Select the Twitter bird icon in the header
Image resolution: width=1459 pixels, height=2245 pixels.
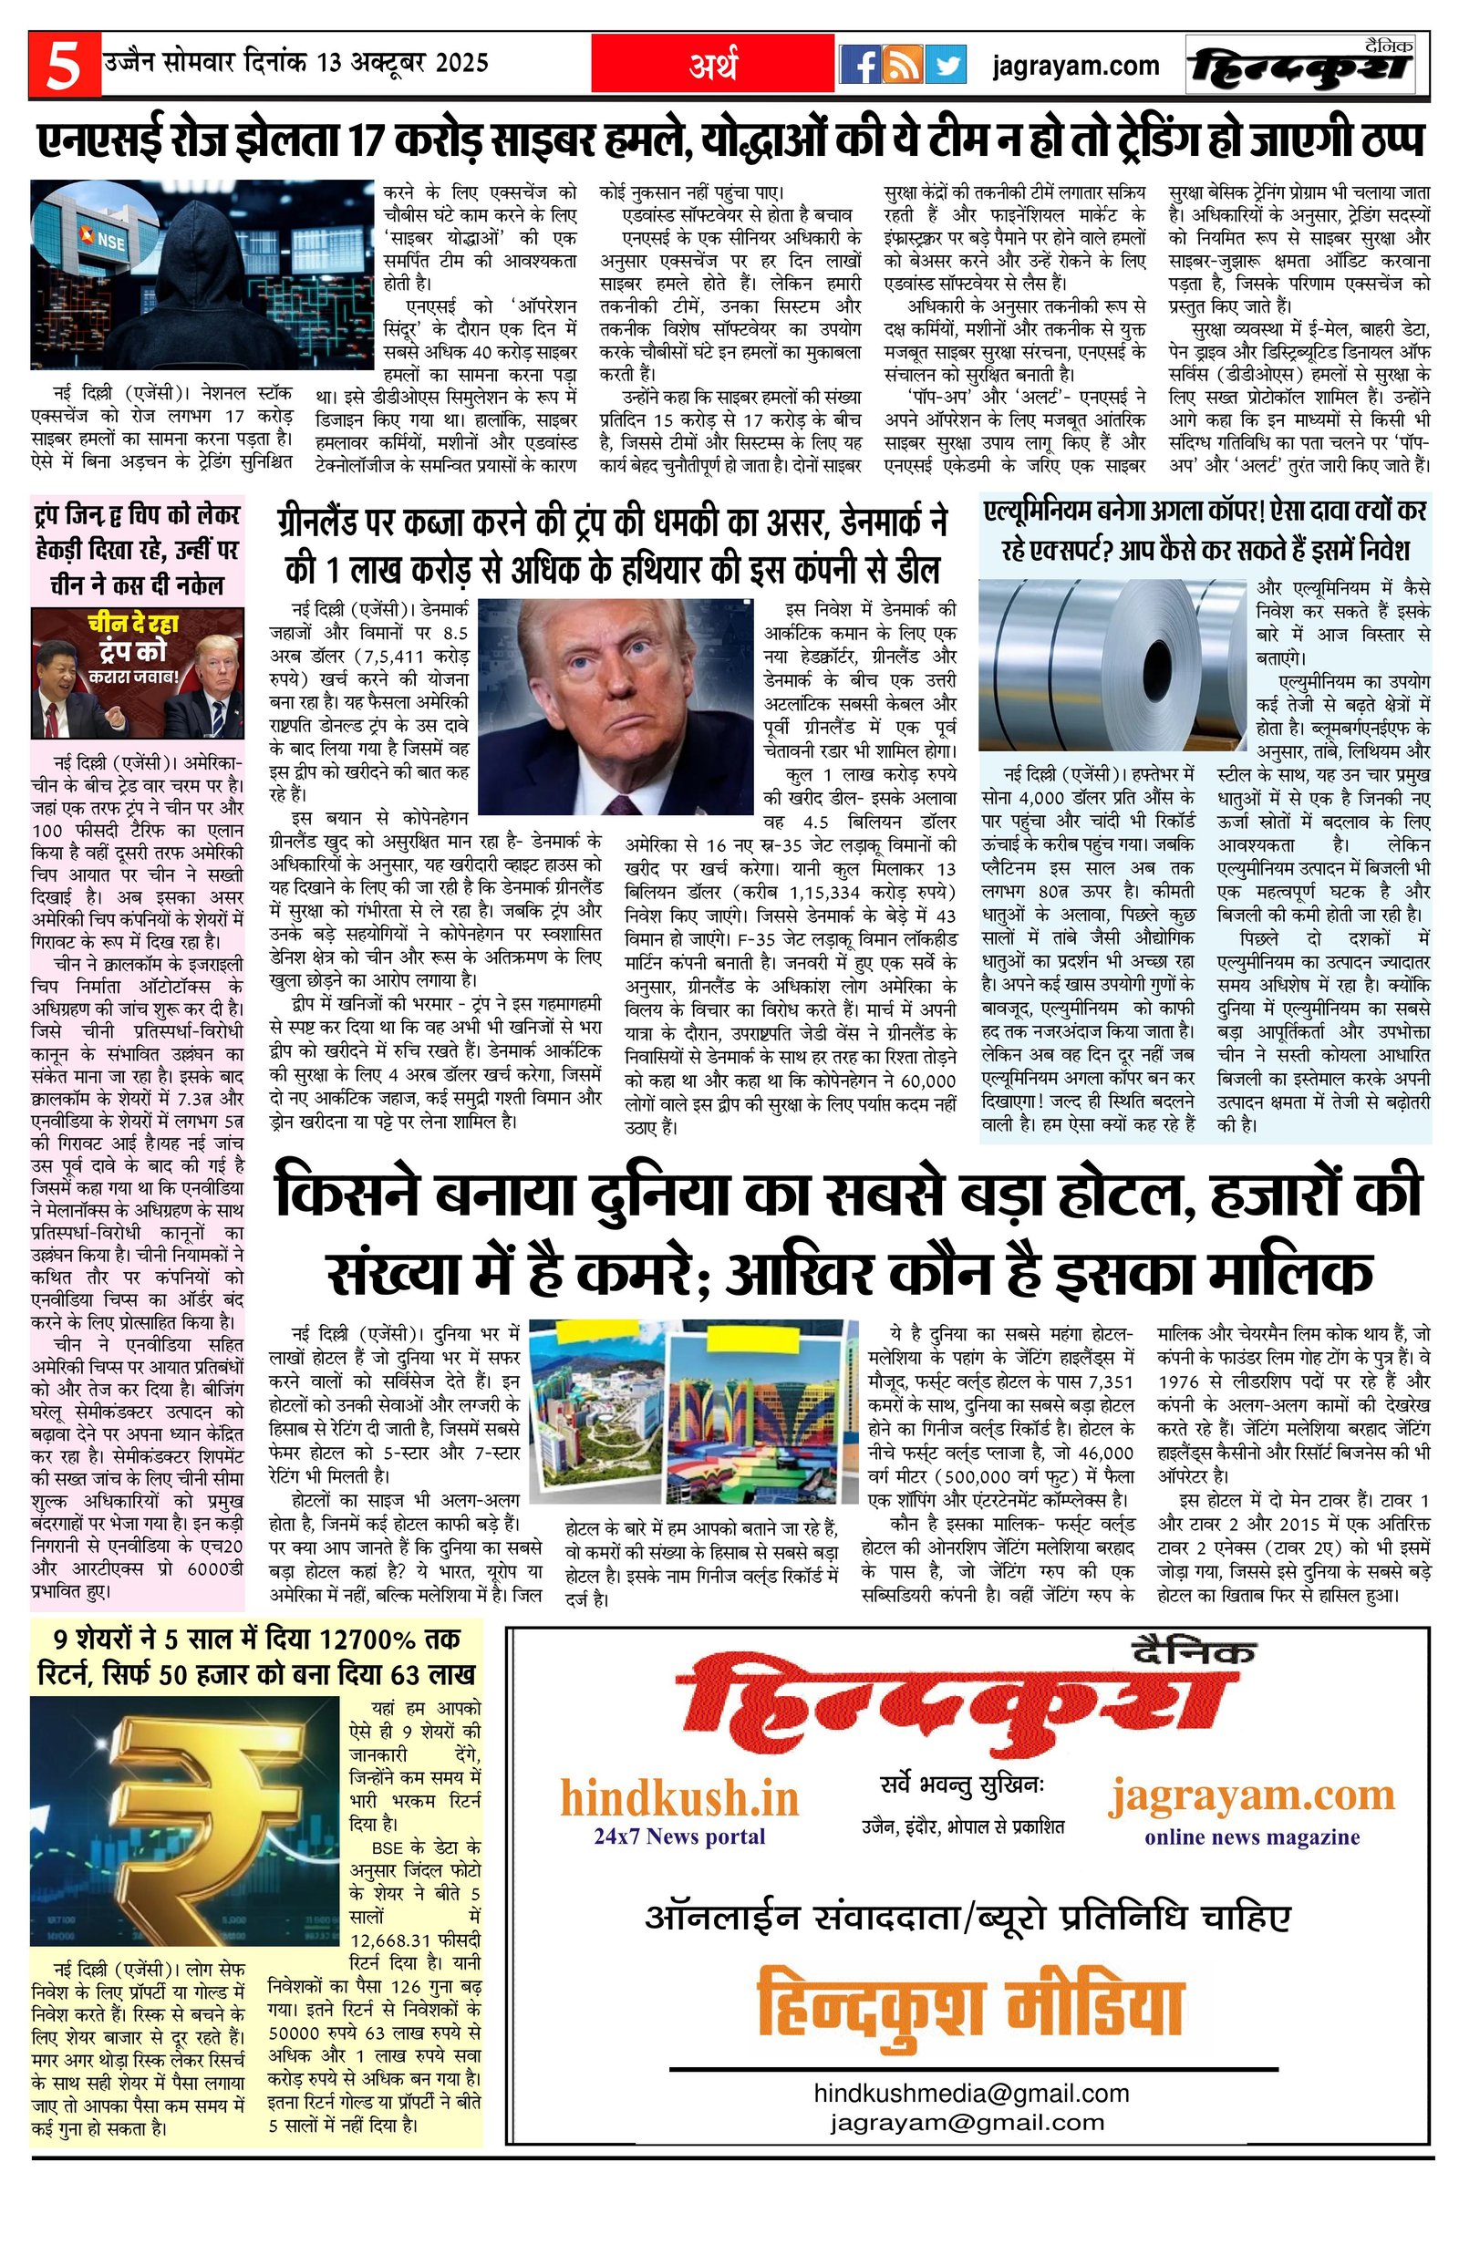[x=945, y=66]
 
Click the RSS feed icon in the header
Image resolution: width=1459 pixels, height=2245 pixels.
[x=903, y=66]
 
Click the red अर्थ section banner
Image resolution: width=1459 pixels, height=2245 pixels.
[x=712, y=66]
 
